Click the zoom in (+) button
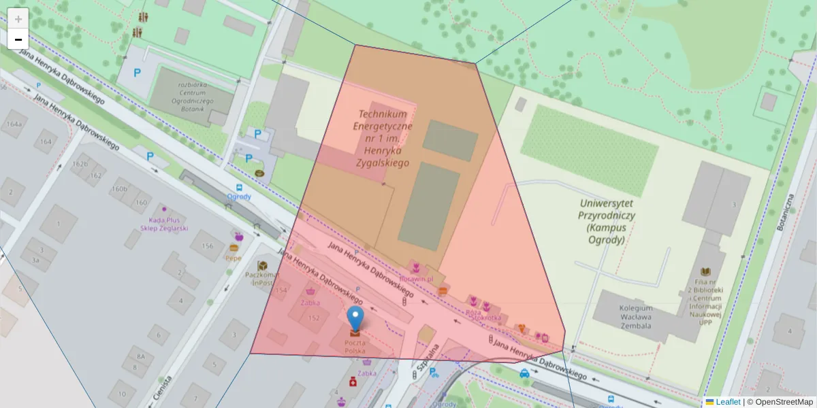(x=18, y=18)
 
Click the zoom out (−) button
(x=18, y=39)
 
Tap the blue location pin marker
(x=355, y=318)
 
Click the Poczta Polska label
(x=355, y=347)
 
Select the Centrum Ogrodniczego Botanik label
(x=192, y=97)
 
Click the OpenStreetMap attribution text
(x=780, y=402)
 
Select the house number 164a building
(x=12, y=125)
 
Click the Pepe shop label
(x=234, y=258)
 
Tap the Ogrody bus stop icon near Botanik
(x=239, y=188)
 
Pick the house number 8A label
(x=140, y=356)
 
